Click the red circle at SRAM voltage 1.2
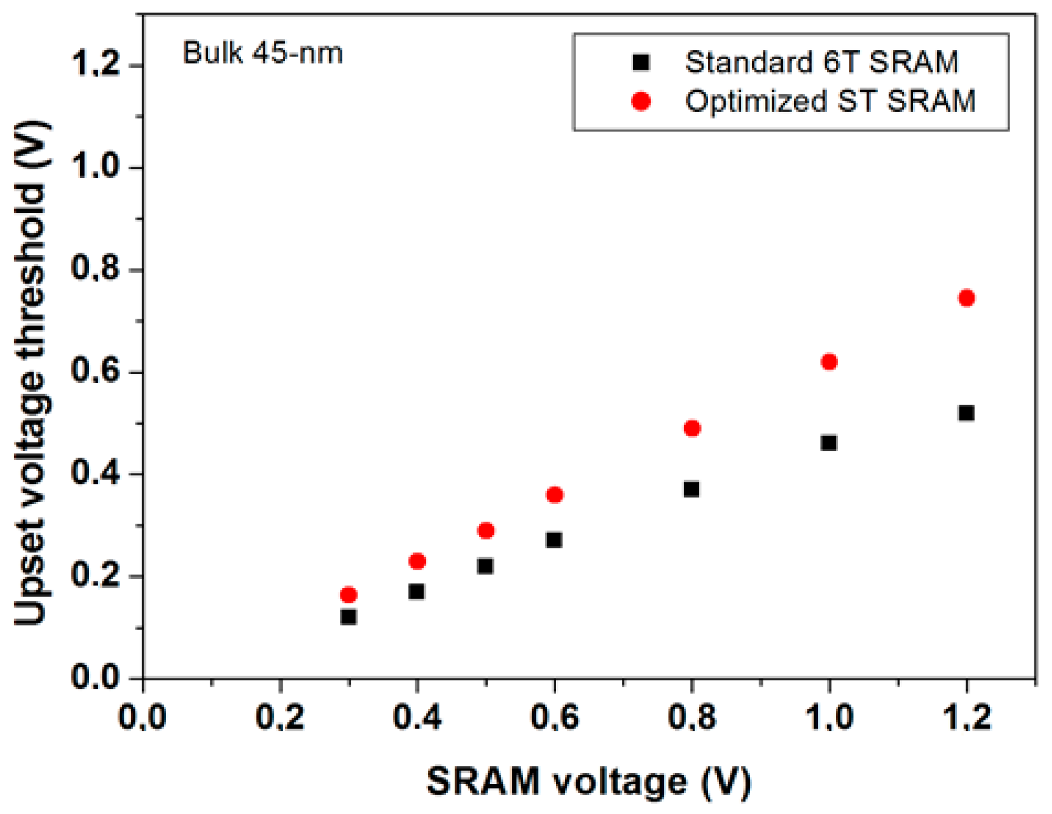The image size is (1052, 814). coord(967,298)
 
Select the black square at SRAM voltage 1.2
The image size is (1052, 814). coord(966,413)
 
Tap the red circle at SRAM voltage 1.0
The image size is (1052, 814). coord(829,362)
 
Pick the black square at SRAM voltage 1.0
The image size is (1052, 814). coord(829,442)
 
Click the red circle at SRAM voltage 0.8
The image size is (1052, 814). coord(692,428)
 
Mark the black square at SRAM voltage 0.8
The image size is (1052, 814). coord(692,489)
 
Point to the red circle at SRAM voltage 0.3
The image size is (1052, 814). coord(349,595)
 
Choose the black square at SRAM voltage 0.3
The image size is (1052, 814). coord(349,617)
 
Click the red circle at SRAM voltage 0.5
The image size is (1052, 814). coord(486,531)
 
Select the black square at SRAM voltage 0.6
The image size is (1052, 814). coord(554,540)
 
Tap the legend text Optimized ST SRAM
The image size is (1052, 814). coord(830,101)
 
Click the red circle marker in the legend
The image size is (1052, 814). coord(641,101)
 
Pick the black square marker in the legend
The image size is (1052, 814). coord(641,62)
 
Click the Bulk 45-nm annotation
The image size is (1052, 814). coord(263,54)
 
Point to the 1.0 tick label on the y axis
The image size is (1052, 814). coord(96,167)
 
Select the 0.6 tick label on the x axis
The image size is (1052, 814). coord(554,717)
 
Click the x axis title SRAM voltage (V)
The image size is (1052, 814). coord(588,782)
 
